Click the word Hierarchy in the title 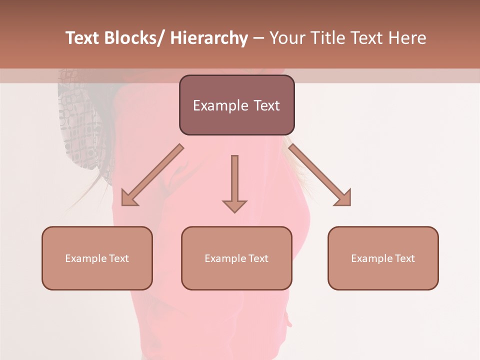point(209,38)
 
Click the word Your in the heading point(286,38)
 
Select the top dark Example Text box point(236,105)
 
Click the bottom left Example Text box point(96,258)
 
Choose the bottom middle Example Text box point(236,258)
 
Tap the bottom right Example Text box point(383,258)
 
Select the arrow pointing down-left point(152,175)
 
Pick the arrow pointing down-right point(320,175)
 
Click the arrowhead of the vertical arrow point(234,205)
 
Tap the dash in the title point(258,38)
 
